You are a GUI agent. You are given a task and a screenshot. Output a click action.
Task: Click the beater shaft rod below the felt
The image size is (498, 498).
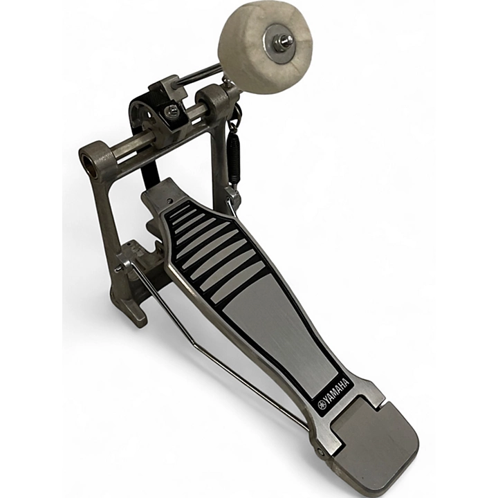click(201, 75)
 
